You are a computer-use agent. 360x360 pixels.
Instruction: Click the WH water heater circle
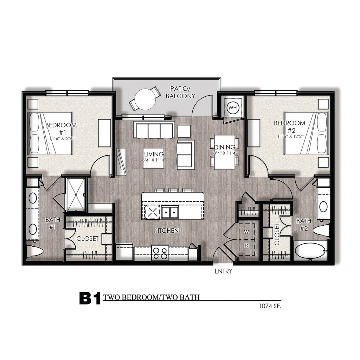(x=233, y=108)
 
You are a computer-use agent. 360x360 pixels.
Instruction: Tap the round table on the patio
(x=145, y=99)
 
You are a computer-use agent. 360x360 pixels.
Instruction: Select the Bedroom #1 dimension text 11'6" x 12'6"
(x=62, y=138)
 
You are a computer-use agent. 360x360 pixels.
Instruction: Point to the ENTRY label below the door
(x=223, y=271)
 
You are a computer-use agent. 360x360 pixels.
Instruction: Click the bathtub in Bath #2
(x=310, y=251)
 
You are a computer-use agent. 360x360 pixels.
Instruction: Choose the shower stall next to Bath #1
(x=76, y=194)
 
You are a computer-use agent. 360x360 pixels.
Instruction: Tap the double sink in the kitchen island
(x=170, y=212)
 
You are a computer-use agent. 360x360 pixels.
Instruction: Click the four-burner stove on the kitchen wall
(x=160, y=253)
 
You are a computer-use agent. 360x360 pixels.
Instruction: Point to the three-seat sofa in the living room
(x=153, y=130)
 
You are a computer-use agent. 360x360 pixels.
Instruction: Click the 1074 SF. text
(x=270, y=306)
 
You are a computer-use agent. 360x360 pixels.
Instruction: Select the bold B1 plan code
(x=90, y=298)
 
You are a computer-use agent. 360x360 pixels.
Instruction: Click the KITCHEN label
(x=166, y=231)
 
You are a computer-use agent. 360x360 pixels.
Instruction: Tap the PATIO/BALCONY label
(x=180, y=92)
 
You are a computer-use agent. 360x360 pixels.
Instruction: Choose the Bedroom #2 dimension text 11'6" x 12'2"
(x=291, y=136)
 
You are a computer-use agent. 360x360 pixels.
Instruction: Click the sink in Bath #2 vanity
(x=323, y=207)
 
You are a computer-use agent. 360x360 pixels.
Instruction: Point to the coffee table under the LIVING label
(x=153, y=158)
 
